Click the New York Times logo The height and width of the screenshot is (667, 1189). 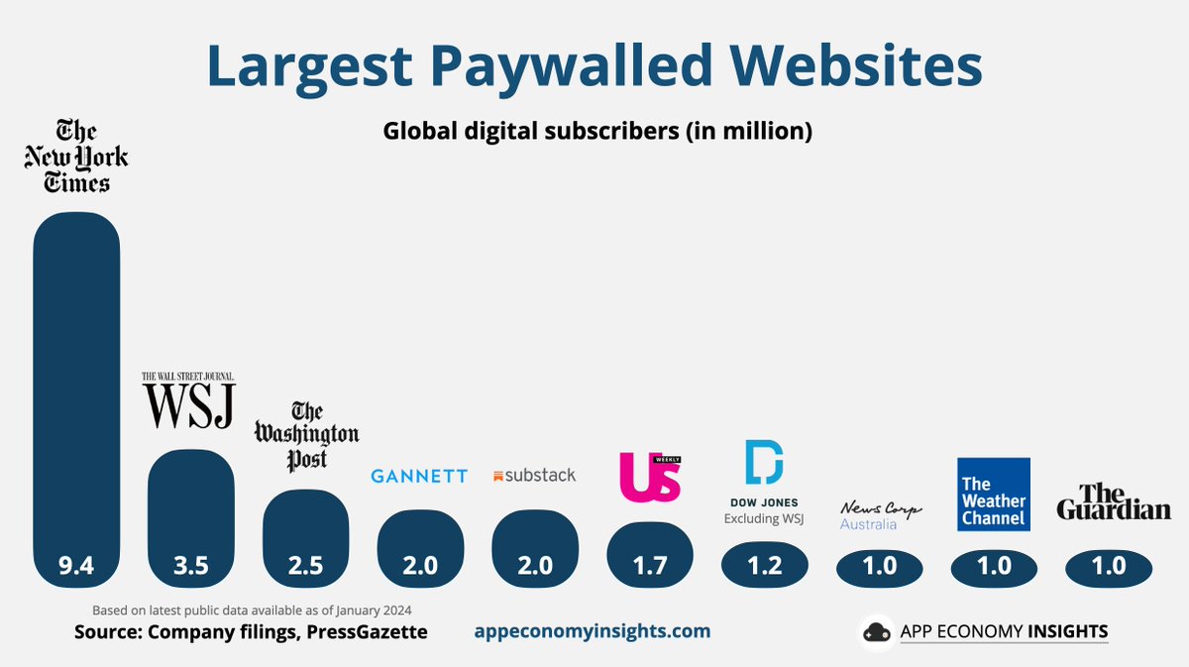point(76,156)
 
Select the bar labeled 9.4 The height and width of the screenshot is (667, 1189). point(76,399)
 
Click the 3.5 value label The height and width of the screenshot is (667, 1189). point(191,566)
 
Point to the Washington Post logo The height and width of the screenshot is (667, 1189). point(306,436)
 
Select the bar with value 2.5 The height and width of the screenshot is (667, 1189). point(306,538)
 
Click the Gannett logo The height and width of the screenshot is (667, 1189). point(419,476)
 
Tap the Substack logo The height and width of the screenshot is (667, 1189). point(534,476)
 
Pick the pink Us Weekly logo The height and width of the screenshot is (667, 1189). point(650,477)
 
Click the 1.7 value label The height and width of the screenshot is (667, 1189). point(650,566)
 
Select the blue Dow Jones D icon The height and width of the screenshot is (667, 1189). point(764,462)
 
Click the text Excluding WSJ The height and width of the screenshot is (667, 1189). point(764,518)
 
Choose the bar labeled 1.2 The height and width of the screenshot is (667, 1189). point(764,565)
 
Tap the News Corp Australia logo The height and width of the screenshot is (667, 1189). point(880,515)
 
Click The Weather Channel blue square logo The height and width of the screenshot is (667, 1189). point(994,495)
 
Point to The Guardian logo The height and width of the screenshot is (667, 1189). point(1114,501)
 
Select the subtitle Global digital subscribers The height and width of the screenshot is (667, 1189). point(531,131)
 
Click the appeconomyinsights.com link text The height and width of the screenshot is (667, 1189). point(593,631)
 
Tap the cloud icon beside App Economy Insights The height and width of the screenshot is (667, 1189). point(876,632)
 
